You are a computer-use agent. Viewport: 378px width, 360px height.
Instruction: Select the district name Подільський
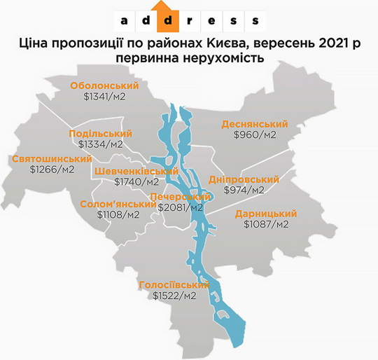pyautogui.click(x=101, y=133)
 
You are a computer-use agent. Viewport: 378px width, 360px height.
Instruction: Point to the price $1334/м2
pyautogui.click(x=101, y=144)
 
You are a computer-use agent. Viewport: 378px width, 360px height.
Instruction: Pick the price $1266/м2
pyautogui.click(x=52, y=169)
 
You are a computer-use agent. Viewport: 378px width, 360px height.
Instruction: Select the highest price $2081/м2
pyautogui.click(x=180, y=208)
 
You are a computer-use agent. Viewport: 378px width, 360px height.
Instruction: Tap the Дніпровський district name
pyautogui.click(x=244, y=179)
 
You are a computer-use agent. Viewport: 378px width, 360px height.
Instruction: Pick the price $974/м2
pyautogui.click(x=244, y=191)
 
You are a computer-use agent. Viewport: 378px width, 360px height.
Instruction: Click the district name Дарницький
pyautogui.click(x=266, y=213)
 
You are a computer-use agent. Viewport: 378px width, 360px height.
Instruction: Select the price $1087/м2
pyautogui.click(x=266, y=225)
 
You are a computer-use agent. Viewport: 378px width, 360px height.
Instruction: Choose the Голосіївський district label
pyautogui.click(x=174, y=285)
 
